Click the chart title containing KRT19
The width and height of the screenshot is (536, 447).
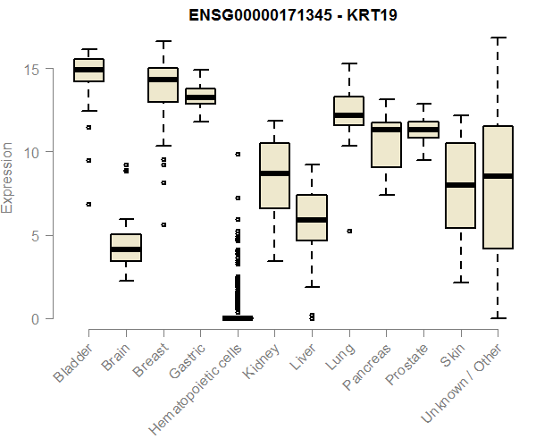coord(292,15)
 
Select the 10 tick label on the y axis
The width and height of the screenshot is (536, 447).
coord(32,153)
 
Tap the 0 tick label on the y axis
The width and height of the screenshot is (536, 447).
coord(37,319)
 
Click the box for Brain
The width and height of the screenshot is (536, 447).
coord(126,248)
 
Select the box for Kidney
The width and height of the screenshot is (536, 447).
coord(274,175)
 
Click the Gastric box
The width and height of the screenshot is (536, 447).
coord(200,96)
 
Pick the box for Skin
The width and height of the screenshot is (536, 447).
coord(460,185)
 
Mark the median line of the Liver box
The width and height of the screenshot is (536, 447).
coord(312,219)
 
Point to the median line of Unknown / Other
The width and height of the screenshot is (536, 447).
coord(498,176)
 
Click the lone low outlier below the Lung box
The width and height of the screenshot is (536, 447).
coord(348,231)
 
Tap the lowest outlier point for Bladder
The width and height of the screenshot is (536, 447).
coord(88,204)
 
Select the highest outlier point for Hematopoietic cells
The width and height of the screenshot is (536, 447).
coord(238,154)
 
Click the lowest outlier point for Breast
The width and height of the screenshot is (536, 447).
coord(163,224)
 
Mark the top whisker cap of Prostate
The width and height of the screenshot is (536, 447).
coord(423,104)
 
